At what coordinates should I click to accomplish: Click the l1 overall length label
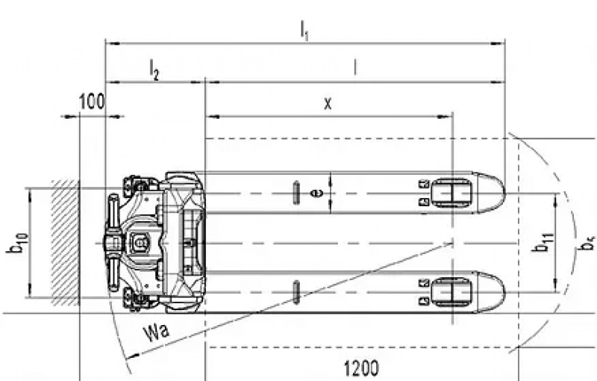(x=304, y=30)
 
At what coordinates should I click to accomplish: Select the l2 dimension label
(x=154, y=70)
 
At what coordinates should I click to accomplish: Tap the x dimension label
(x=327, y=104)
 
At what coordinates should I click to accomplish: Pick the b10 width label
(x=16, y=244)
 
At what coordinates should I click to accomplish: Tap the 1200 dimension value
(x=360, y=368)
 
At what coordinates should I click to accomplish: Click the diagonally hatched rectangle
(x=64, y=243)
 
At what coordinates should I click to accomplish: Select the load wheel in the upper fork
(x=451, y=193)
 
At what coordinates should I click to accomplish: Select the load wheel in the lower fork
(x=451, y=291)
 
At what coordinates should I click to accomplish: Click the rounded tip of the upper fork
(x=493, y=193)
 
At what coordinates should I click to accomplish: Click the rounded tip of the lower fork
(x=493, y=291)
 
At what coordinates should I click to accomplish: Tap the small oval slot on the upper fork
(x=296, y=192)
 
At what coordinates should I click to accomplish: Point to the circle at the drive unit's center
(x=138, y=243)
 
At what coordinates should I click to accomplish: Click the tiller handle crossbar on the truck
(x=113, y=243)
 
